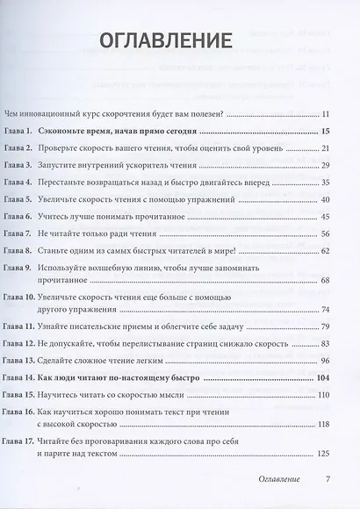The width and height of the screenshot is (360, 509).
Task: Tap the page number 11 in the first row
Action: pyautogui.click(x=324, y=114)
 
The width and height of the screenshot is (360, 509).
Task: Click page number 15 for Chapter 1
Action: pyautogui.click(x=324, y=131)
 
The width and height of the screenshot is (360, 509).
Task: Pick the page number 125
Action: pyautogui.click(x=321, y=454)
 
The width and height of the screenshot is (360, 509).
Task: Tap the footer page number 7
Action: pyautogui.click(x=327, y=481)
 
